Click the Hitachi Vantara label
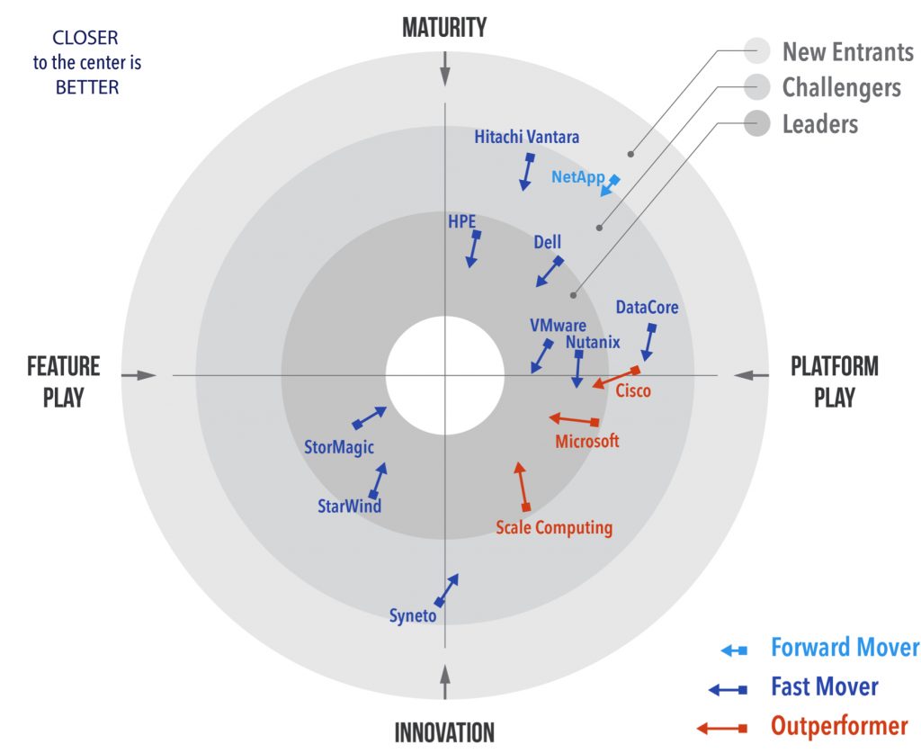pyautogui.click(x=527, y=138)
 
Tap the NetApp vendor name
pyautogui.click(x=577, y=177)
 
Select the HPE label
pyautogui.click(x=461, y=220)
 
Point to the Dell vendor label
pyautogui.click(x=547, y=243)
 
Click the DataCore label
pyautogui.click(x=647, y=308)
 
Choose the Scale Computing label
pyautogui.click(x=554, y=528)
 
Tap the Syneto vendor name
pyautogui.click(x=413, y=616)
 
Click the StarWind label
pyautogui.click(x=350, y=506)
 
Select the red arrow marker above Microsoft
pyautogui.click(x=574, y=419)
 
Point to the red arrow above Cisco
pyautogui.click(x=616, y=378)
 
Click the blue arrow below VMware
pyautogui.click(x=541, y=356)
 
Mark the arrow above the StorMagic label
pyautogui.click(x=370, y=417)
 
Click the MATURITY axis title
pyautogui.click(x=444, y=28)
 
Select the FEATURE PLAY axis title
pyautogui.click(x=63, y=381)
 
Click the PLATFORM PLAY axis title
pyautogui.click(x=835, y=381)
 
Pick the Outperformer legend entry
pyautogui.click(x=838, y=726)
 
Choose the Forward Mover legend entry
pyautogui.click(x=845, y=648)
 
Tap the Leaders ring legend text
pyautogui.click(x=819, y=123)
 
